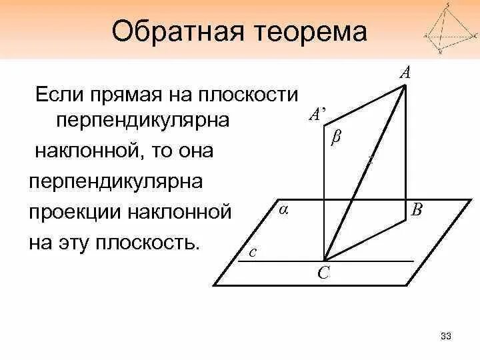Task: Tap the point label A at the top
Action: click(405, 72)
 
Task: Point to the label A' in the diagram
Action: click(317, 114)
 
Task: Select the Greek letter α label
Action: click(283, 209)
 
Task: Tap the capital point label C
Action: click(322, 273)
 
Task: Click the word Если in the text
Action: click(59, 94)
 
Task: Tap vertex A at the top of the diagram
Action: click(405, 86)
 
